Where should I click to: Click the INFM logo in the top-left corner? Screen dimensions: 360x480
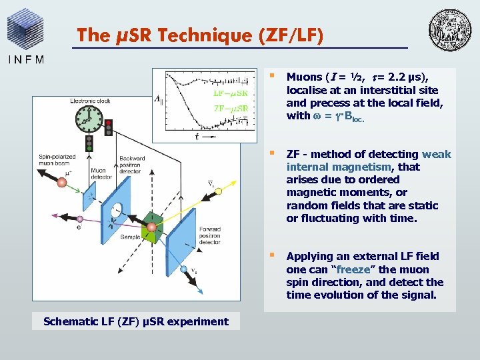click(x=27, y=36)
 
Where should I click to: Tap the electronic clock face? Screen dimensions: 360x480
click(x=87, y=121)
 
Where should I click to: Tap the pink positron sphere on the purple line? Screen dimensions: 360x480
click(x=79, y=219)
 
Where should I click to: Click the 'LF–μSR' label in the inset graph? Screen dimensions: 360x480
click(x=230, y=92)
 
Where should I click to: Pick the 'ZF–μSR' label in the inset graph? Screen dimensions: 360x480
click(x=230, y=108)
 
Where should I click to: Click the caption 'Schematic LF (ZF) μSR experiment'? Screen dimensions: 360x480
click(x=136, y=321)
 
